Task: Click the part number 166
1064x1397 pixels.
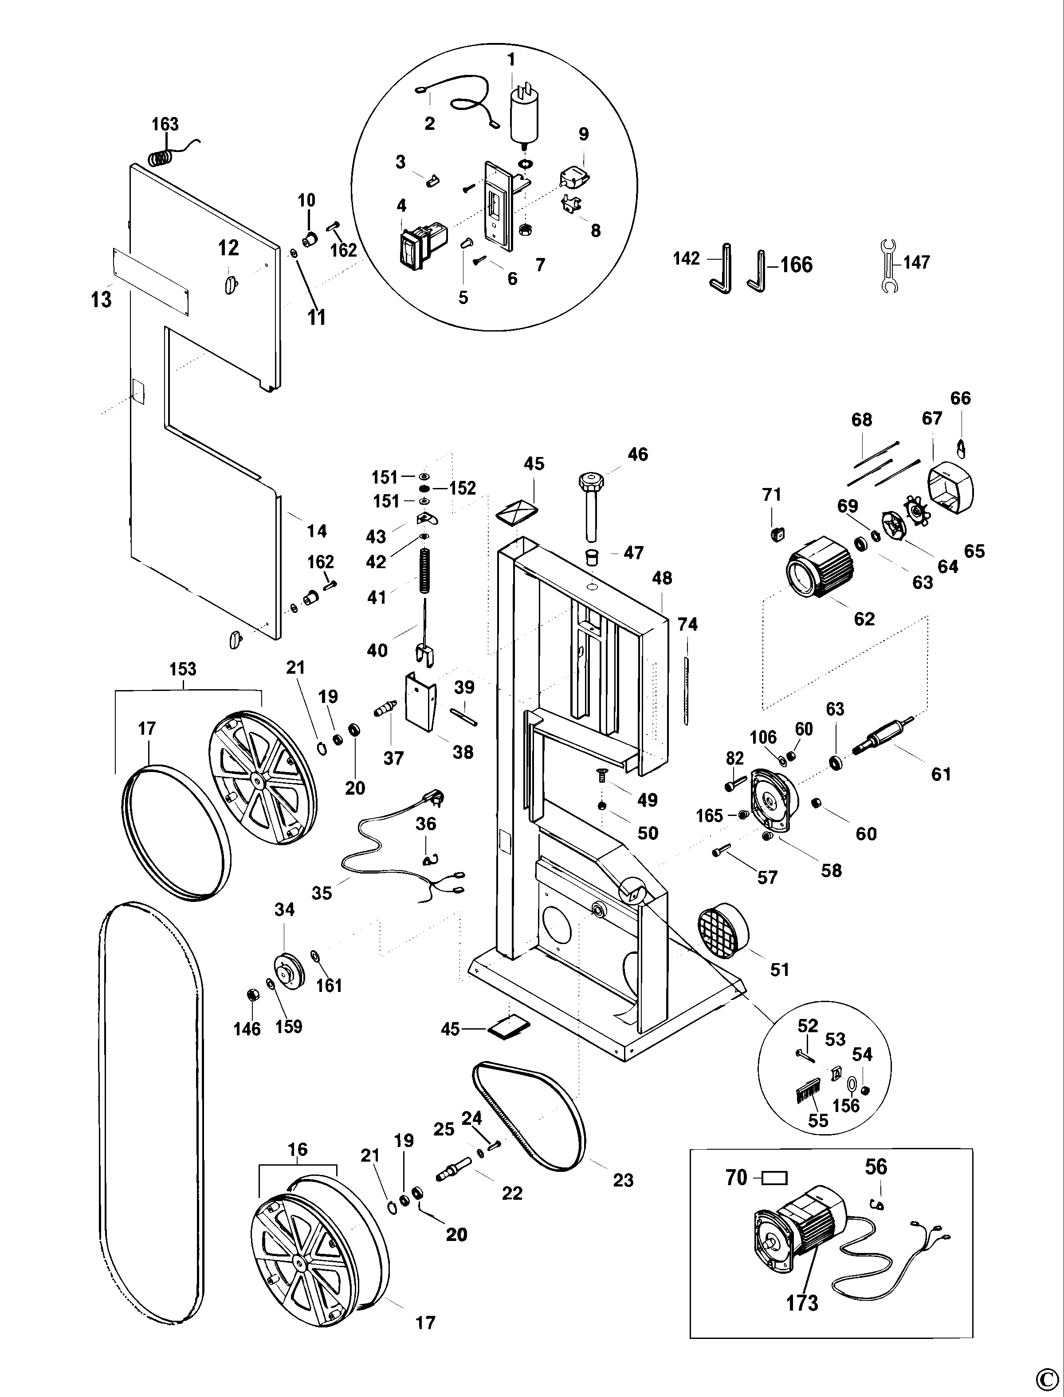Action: coord(796,264)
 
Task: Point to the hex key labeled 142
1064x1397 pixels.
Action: coord(722,269)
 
